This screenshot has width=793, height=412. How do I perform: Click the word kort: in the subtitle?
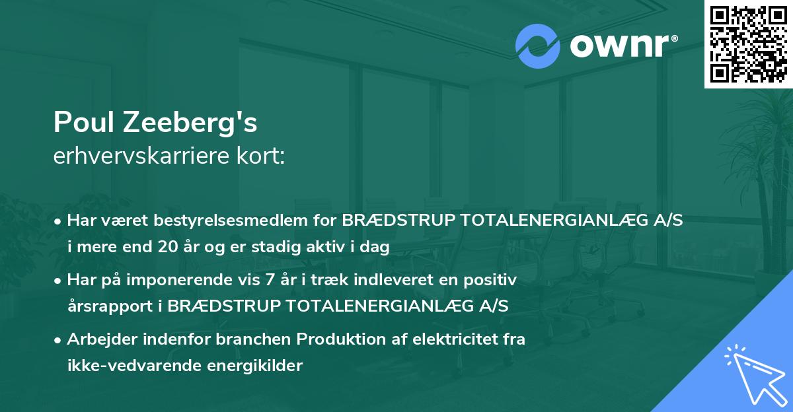262,157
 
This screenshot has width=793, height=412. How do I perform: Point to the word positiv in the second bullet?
494,280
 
